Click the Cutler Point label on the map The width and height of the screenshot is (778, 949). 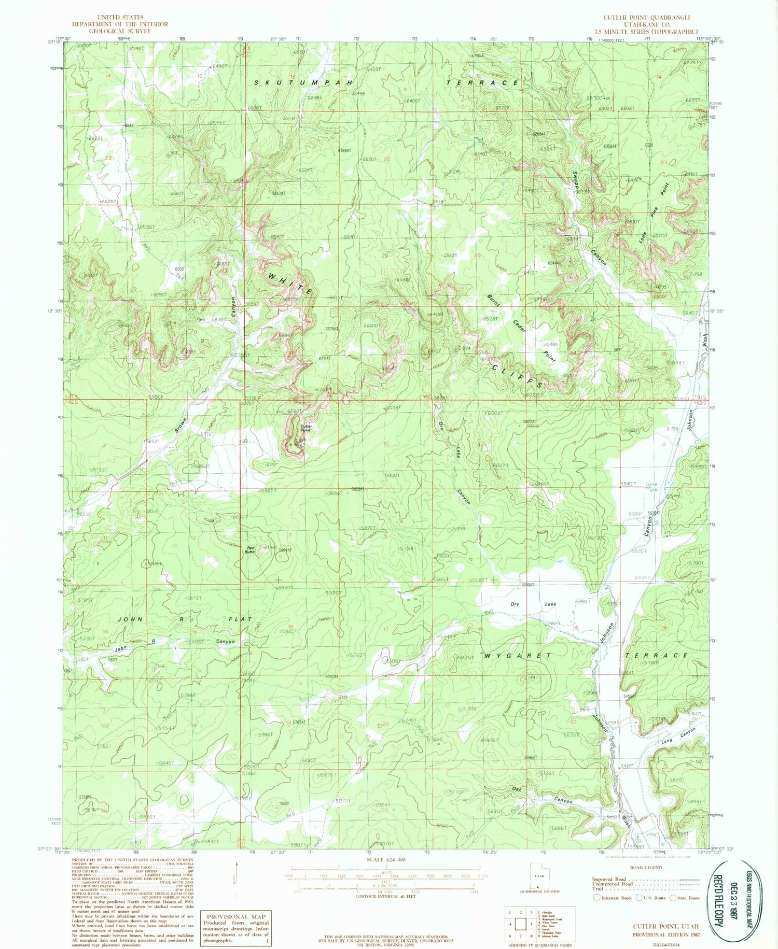pyautogui.click(x=305, y=428)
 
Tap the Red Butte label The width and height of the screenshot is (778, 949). pyautogui.click(x=251, y=550)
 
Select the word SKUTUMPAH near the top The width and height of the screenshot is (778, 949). pyautogui.click(x=303, y=83)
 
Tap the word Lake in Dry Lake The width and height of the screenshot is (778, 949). pyautogui.click(x=550, y=604)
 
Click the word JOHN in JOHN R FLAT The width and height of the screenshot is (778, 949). pyautogui.click(x=130, y=619)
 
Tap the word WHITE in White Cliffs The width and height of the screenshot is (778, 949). pyautogui.click(x=291, y=284)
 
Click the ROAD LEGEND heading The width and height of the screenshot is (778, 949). pyautogui.click(x=645, y=867)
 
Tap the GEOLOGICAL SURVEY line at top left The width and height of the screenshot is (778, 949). pyautogui.click(x=119, y=31)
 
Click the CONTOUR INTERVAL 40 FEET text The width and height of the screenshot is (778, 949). pyautogui.click(x=384, y=896)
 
